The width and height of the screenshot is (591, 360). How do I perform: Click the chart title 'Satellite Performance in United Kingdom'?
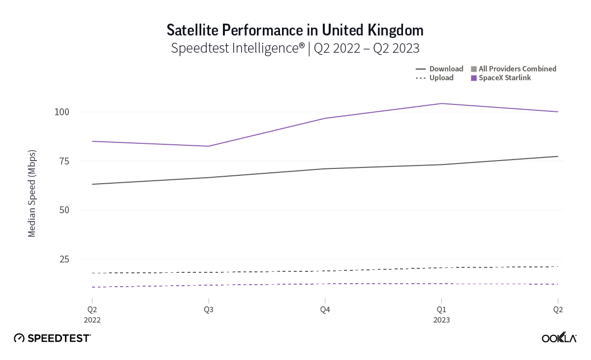pyautogui.click(x=295, y=30)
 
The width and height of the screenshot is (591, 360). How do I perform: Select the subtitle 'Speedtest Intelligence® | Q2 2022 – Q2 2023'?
pyautogui.click(x=295, y=48)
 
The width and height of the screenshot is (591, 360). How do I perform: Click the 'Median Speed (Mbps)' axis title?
pyautogui.click(x=32, y=193)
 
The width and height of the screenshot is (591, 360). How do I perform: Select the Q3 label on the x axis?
pyautogui.click(x=209, y=310)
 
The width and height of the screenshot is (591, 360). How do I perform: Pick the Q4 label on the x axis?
pyautogui.click(x=325, y=310)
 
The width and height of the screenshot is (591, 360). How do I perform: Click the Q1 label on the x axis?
pyautogui.click(x=441, y=310)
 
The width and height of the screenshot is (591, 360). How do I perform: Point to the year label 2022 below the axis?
pyautogui.click(x=92, y=320)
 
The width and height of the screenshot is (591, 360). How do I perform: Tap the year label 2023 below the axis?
pyautogui.click(x=441, y=320)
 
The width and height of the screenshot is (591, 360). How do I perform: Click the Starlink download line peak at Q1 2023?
pyautogui.click(x=441, y=103)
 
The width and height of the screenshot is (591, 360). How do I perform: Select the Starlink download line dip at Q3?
pyautogui.click(x=209, y=146)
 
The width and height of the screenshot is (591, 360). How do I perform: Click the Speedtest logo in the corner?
pyautogui.click(x=52, y=338)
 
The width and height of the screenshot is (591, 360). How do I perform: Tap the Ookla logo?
pyautogui.click(x=559, y=338)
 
